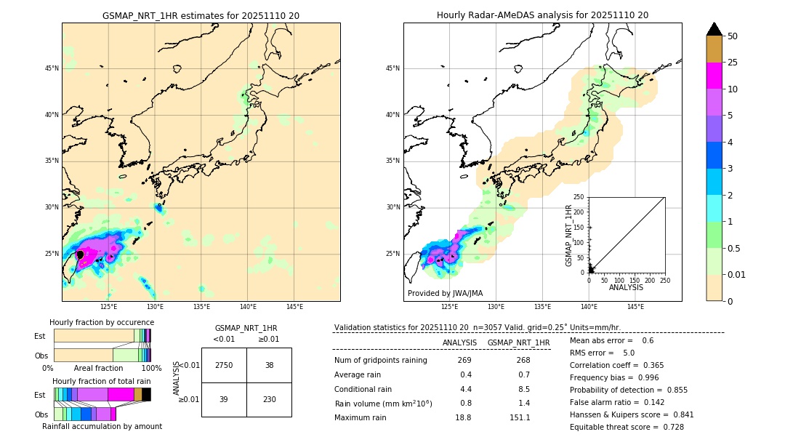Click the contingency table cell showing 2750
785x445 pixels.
(224, 365)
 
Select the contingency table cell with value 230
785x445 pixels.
(269, 399)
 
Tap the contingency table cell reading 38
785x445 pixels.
(269, 365)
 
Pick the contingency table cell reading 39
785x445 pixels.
(224, 399)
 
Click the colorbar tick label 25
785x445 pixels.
(733, 63)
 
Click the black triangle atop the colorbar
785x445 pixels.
(714, 29)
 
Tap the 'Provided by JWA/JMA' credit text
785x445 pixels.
(445, 293)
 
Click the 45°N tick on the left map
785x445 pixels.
(52, 68)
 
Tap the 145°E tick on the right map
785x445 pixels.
(635, 307)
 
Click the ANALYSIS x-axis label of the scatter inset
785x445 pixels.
(626, 287)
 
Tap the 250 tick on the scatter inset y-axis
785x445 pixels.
(579, 197)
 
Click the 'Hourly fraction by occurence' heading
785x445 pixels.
(101, 322)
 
